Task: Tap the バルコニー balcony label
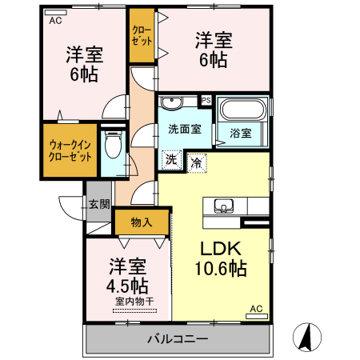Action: tap(178, 339)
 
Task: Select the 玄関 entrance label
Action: tap(99, 205)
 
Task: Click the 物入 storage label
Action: tap(142, 222)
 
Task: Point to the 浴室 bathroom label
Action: tap(242, 133)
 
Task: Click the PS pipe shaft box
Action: tap(206, 100)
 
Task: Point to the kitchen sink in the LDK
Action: tap(222, 203)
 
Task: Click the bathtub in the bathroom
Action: tap(243, 110)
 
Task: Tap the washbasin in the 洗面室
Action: tap(171, 102)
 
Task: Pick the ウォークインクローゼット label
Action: tap(70, 150)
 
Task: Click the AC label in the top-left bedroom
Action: tap(55, 22)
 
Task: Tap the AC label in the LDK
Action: tap(257, 309)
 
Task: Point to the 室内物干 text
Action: tap(134, 301)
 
